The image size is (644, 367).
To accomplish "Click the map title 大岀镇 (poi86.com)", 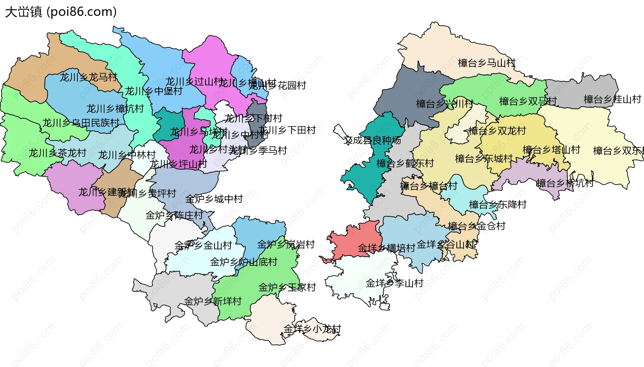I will click(x=61, y=12).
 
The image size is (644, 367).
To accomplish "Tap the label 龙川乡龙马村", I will click(x=89, y=77).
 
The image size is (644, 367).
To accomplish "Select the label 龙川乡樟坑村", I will click(x=115, y=109).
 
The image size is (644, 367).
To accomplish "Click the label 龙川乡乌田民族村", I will click(x=81, y=123).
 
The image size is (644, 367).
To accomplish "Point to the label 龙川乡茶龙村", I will click(x=58, y=153).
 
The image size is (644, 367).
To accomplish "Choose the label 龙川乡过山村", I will click(x=194, y=81).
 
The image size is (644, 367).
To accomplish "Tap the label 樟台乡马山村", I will click(x=487, y=63).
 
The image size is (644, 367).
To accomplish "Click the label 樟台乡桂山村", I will click(x=612, y=99).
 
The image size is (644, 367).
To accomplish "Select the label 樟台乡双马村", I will click(x=528, y=101).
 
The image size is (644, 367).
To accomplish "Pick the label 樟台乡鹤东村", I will click(x=405, y=163).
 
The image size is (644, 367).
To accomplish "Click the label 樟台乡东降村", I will click(x=498, y=204).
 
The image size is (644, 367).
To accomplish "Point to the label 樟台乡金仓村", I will click(x=477, y=226).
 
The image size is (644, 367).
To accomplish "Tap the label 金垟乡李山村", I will click(x=394, y=283).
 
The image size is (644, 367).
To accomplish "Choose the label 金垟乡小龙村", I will click(x=312, y=329).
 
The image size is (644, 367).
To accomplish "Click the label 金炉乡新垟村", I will click(x=213, y=301).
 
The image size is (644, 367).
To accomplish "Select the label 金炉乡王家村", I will click(x=287, y=287).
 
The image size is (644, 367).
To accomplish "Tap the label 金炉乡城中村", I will click(x=214, y=199).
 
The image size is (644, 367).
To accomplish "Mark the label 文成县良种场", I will click(x=372, y=140).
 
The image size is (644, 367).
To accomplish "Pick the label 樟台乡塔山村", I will click(x=551, y=150).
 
